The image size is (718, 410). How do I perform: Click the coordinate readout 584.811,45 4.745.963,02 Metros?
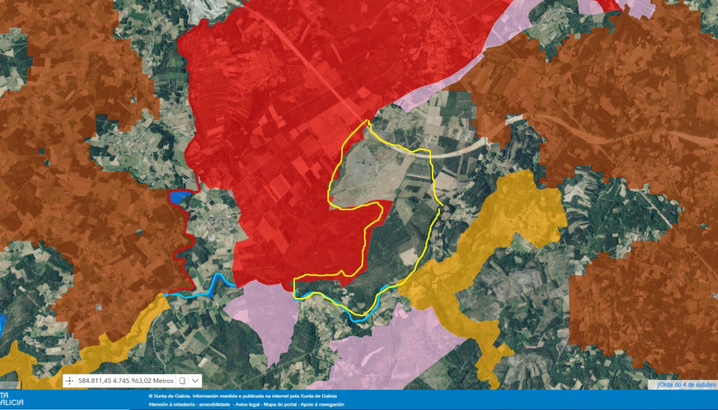coord(126,381)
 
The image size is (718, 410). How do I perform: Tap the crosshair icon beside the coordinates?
coord(69,381)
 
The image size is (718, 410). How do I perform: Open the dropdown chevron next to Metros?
coord(195,381)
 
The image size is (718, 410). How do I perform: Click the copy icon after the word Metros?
coord(182,381)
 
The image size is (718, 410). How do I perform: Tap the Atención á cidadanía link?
coord(169,404)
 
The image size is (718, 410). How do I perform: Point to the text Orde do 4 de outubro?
coord(687,384)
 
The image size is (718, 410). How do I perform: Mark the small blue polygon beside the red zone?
coord(179,196)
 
